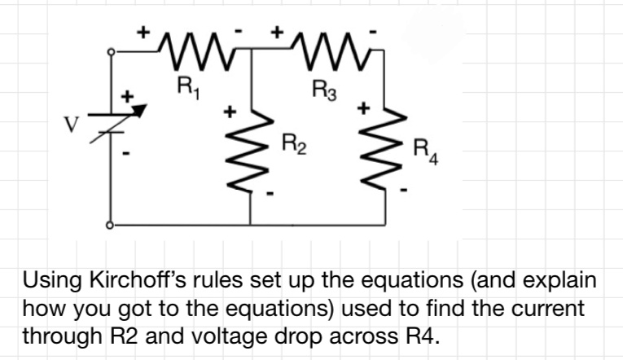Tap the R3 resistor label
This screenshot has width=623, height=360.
[x=323, y=88]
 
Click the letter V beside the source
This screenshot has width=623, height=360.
[x=71, y=125]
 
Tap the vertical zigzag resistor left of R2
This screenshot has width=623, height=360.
[x=249, y=152]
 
